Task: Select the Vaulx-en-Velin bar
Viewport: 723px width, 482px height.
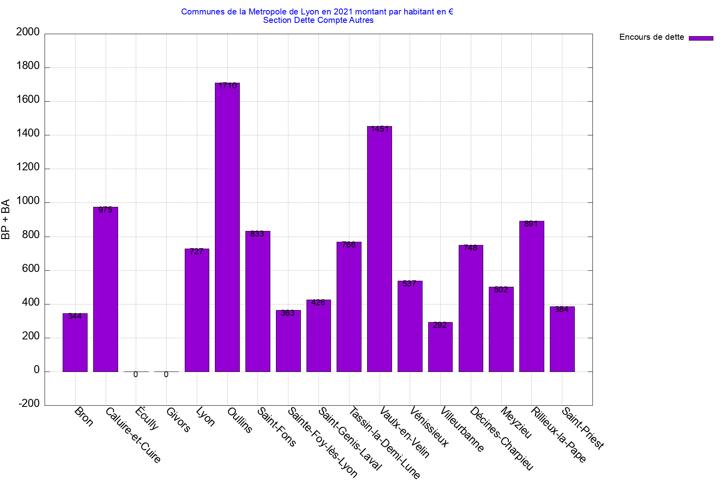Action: pyautogui.click(x=380, y=249)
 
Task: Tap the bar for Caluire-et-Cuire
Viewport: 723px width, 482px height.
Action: pyautogui.click(x=106, y=289)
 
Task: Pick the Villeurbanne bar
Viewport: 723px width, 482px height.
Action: pyautogui.click(x=440, y=347)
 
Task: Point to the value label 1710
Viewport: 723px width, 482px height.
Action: pyautogui.click(x=228, y=86)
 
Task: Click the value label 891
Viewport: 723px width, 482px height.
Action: pyautogui.click(x=531, y=224)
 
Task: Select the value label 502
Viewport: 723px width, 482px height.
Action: pyautogui.click(x=501, y=290)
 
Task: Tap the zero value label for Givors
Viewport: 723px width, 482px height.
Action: pyautogui.click(x=166, y=375)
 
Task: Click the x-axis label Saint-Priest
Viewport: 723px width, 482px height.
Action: pyautogui.click(x=583, y=428)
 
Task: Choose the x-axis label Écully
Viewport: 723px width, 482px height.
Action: pyautogui.click(x=147, y=418)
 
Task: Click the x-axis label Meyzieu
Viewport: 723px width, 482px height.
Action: pyautogui.click(x=517, y=423)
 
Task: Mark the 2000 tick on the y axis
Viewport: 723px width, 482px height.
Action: pyautogui.click(x=28, y=32)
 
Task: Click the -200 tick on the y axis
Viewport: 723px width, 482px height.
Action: pyautogui.click(x=29, y=404)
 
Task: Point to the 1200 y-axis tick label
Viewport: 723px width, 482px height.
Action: pyautogui.click(x=28, y=167)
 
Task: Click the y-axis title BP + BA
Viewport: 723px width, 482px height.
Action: pyautogui.click(x=6, y=219)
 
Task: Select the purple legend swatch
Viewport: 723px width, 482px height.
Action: pyautogui.click(x=701, y=38)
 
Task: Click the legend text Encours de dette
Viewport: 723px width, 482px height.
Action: pyautogui.click(x=652, y=37)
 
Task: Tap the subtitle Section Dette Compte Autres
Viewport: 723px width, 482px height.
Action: pyautogui.click(x=318, y=20)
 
